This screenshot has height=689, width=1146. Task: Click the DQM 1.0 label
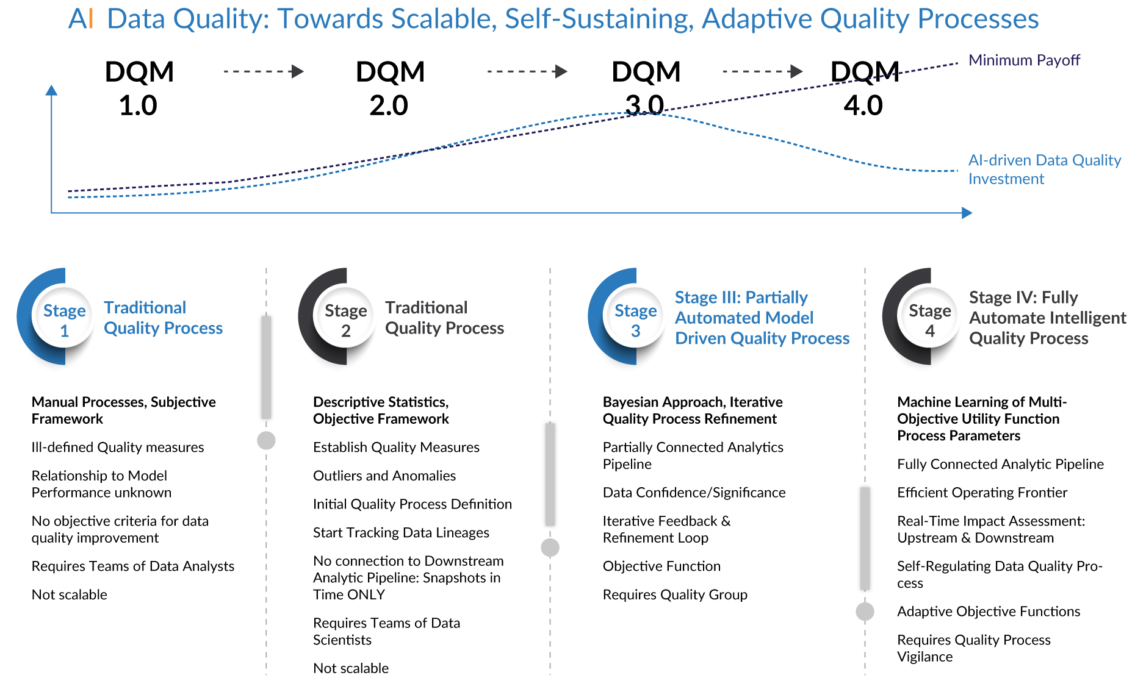[x=139, y=88]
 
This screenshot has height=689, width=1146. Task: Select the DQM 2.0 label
[x=390, y=88]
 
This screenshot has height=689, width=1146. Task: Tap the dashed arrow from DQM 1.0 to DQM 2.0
[x=264, y=71]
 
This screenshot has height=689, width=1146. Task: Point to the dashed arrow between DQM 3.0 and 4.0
[x=762, y=71]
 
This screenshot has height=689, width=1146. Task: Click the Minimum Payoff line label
[x=1024, y=60]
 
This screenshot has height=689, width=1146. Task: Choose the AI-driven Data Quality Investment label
[x=1044, y=169]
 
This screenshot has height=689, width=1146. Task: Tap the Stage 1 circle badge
[x=64, y=320]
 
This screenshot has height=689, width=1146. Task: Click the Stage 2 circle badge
[x=345, y=320]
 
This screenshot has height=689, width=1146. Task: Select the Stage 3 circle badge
[x=635, y=320]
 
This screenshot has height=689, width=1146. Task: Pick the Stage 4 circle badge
[x=929, y=320]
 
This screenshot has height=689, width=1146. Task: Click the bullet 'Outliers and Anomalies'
[x=384, y=476]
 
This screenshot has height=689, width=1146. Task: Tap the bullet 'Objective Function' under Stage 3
[x=661, y=566]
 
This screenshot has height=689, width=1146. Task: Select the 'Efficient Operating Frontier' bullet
[x=982, y=492]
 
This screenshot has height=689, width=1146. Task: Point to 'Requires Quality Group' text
[x=675, y=594]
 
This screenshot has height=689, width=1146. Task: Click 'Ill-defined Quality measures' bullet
[x=118, y=447]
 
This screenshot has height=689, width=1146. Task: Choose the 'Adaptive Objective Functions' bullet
[x=989, y=611]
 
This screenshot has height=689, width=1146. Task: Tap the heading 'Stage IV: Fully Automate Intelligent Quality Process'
[x=1047, y=318]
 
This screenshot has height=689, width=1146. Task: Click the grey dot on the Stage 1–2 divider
[x=266, y=440]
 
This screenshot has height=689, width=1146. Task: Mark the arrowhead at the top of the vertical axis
[x=52, y=90]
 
